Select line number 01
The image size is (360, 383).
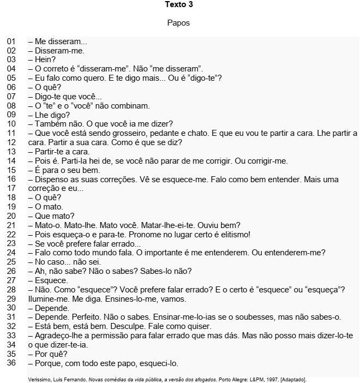pyautogui.click(x=11, y=41)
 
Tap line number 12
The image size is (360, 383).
pyautogui.click(x=11, y=142)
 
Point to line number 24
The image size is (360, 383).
pyautogui.click(x=11, y=253)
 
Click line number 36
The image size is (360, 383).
pyautogui.click(x=11, y=363)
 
